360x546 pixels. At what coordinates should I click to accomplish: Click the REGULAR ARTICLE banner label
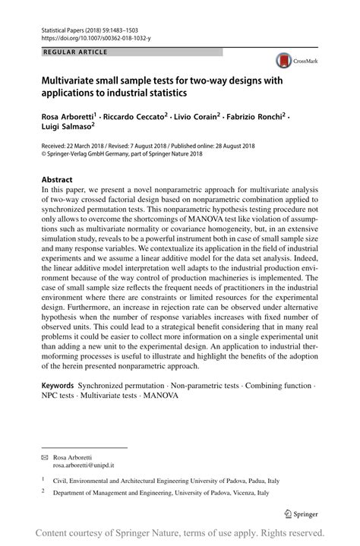click(x=76, y=52)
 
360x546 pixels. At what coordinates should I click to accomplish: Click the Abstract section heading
click(x=57, y=181)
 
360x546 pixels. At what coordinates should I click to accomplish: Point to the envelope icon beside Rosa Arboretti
click(x=44, y=458)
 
